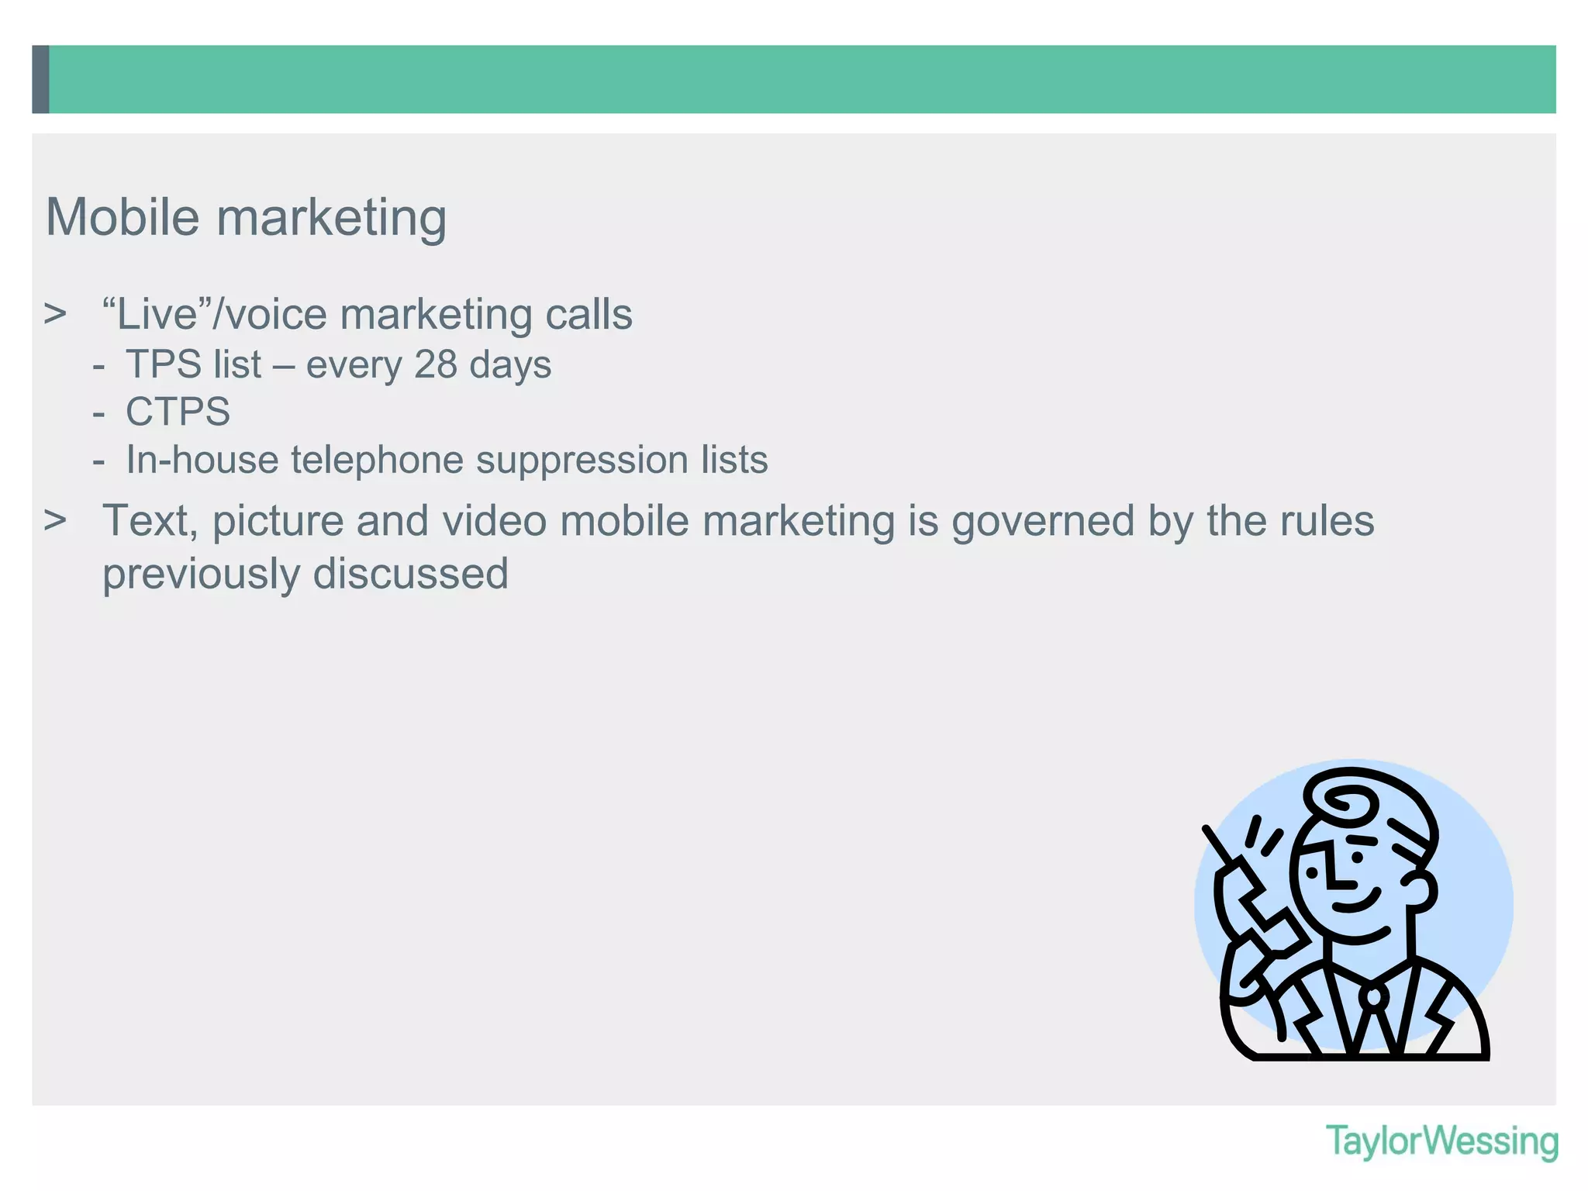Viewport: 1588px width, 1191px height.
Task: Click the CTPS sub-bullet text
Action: point(178,412)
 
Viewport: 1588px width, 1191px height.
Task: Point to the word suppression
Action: point(582,460)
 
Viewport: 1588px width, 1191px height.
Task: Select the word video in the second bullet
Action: point(494,520)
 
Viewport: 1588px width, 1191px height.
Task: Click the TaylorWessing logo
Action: point(1441,1142)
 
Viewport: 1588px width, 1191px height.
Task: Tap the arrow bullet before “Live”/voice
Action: point(55,315)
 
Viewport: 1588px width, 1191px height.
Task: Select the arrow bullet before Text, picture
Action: point(55,520)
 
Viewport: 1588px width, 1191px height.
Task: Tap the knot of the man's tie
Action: point(1373,996)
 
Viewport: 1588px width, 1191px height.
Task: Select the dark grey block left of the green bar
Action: point(40,79)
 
